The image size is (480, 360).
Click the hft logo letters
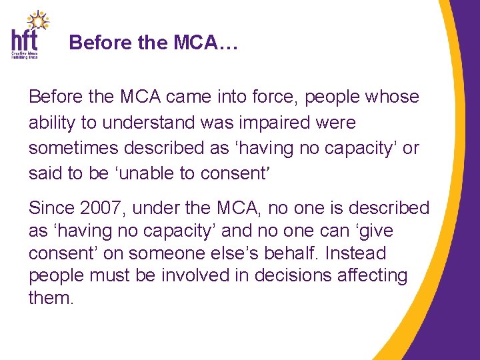click(x=24, y=39)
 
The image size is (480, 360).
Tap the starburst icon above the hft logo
click(x=38, y=20)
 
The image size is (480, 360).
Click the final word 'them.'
click(x=51, y=299)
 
